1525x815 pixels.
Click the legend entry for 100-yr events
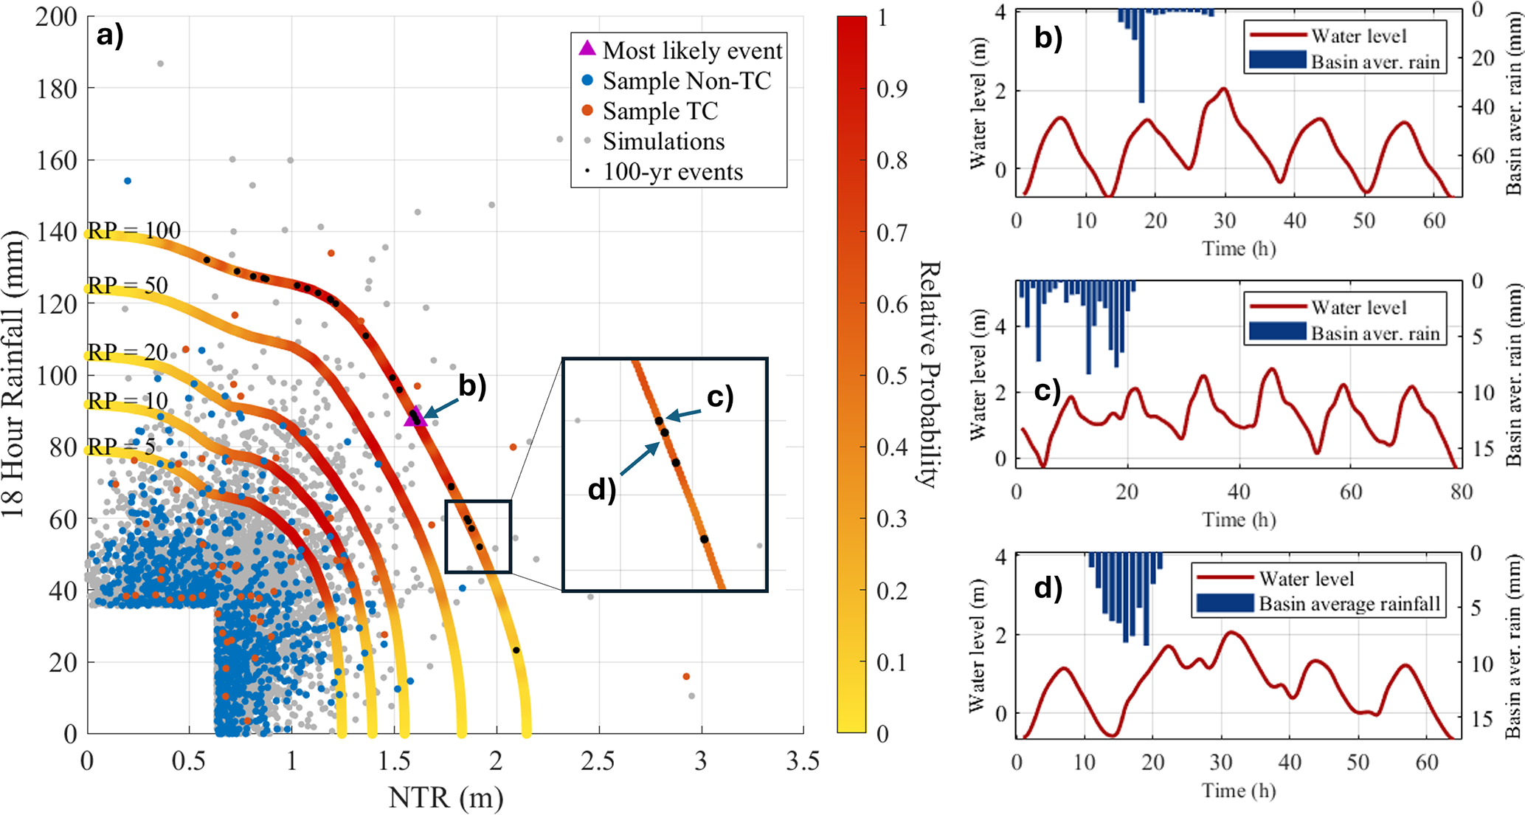[x=672, y=171]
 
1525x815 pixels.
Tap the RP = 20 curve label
[x=128, y=352]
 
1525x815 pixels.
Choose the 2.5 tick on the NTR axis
[x=598, y=761]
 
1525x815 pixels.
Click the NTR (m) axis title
[x=446, y=797]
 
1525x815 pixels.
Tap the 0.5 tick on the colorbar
[x=892, y=375]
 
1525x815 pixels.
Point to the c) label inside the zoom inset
[x=720, y=397]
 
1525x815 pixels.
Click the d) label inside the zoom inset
[x=601, y=489]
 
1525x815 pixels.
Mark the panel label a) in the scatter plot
[x=110, y=35]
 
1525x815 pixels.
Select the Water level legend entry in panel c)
[x=1358, y=307]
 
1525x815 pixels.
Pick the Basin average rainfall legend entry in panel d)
[x=1349, y=604]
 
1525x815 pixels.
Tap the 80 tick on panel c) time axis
[x=1461, y=492]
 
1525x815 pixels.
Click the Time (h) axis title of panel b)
[x=1239, y=248]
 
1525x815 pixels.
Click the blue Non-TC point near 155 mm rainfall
[x=128, y=181]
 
